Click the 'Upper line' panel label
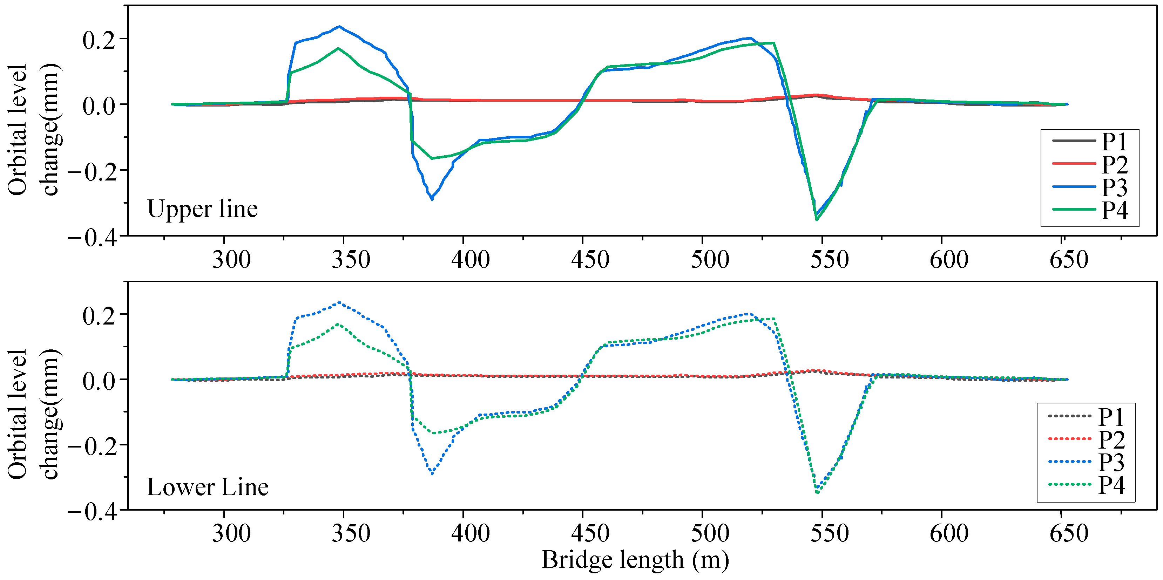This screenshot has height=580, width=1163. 202,209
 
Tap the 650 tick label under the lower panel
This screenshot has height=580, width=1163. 1068,533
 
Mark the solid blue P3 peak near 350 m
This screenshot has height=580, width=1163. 339,27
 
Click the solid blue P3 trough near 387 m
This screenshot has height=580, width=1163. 432,199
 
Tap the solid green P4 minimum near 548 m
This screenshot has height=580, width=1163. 817,220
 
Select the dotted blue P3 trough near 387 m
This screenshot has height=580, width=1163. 432,474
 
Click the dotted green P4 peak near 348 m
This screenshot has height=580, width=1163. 338,324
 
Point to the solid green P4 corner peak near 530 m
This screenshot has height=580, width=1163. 774,43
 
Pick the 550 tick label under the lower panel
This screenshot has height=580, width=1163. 829,533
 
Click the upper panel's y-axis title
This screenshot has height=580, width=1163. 34,130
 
